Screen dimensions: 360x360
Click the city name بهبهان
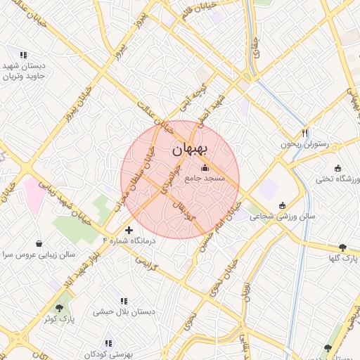pos(190,150)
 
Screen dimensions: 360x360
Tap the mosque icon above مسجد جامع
pos(205,168)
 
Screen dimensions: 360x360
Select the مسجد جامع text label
pos(205,179)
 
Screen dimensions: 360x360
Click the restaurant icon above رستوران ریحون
pos(304,133)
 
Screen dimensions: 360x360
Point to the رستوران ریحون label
pos(304,144)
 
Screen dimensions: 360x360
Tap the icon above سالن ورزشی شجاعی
pos(283,205)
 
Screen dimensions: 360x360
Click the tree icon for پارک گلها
pos(342,247)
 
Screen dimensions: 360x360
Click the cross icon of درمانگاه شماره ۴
pos(129,230)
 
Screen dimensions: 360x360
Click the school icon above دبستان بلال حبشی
pos(124,301)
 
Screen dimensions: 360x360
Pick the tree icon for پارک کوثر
pos(60,307)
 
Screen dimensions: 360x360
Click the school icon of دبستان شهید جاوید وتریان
pos(23,54)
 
